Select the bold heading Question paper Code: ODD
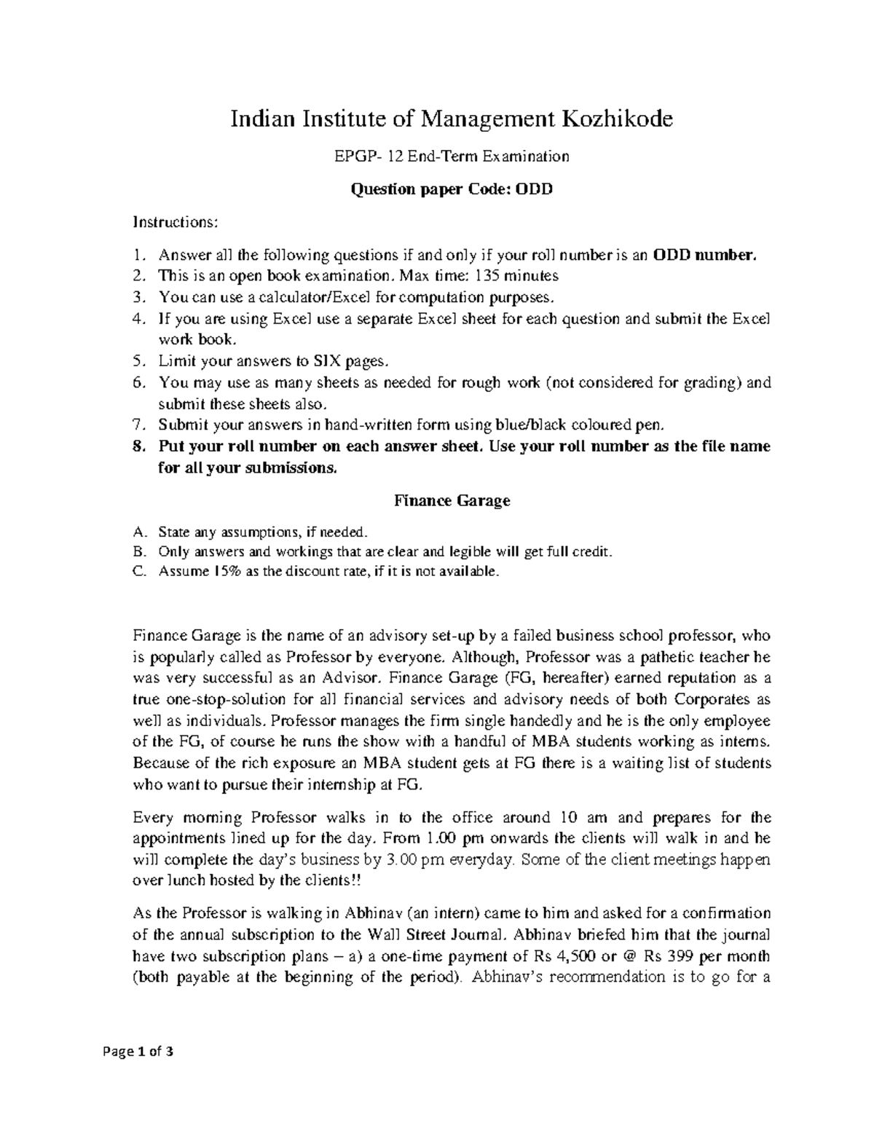point(452,191)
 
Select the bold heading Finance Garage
point(452,501)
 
